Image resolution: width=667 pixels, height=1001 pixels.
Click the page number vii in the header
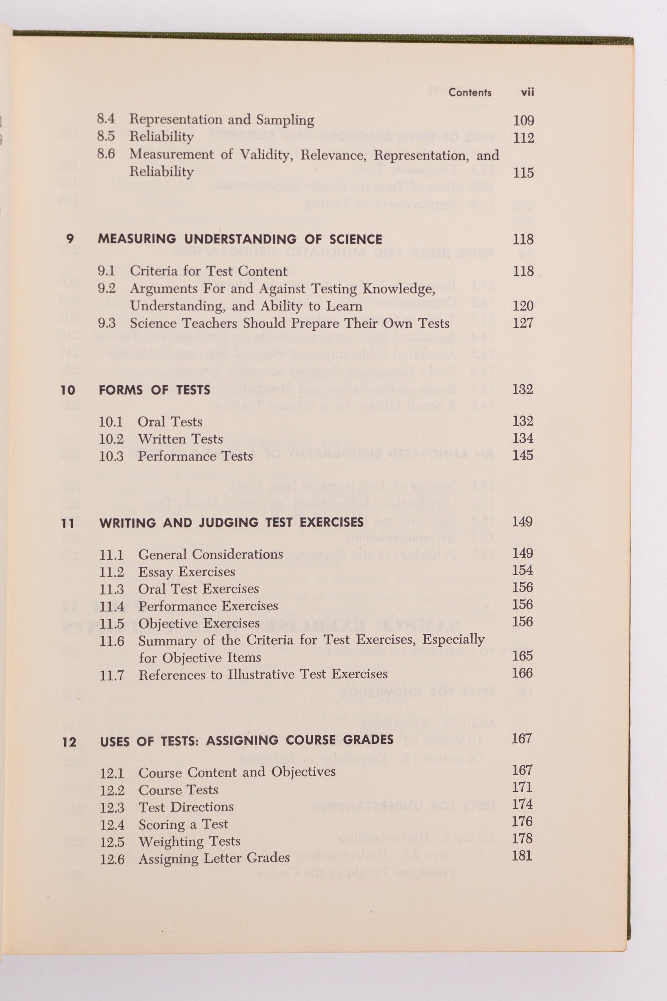pos(527,92)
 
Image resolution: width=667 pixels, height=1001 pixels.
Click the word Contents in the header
pos(470,92)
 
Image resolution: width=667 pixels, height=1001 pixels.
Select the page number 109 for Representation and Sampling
pos(523,120)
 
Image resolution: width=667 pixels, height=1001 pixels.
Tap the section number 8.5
pos(106,136)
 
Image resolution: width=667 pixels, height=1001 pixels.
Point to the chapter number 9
pos(70,239)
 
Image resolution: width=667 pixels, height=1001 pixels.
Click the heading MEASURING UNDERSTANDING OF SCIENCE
pos(240,239)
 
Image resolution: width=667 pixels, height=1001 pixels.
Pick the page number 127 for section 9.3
pos(523,323)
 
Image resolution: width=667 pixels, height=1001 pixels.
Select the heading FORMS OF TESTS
pos(154,390)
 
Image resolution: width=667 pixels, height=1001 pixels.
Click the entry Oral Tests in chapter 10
pos(170,422)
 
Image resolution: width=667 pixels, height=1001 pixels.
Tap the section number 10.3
pos(111,456)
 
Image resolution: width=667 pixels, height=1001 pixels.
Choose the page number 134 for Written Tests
pos(523,438)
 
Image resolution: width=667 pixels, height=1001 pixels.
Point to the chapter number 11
pos(68,523)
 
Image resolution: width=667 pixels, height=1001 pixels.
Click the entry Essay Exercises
pos(186,572)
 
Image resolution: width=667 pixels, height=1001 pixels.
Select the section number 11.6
pos(111,641)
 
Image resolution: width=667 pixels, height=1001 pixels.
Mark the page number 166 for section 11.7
pos(522,673)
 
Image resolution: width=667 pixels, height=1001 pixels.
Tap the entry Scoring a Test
pos(183,824)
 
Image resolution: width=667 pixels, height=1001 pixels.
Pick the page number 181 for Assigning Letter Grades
pos(522,855)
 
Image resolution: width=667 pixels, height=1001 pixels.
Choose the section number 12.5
pos(112,842)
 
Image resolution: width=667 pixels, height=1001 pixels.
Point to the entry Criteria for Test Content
pos(208,271)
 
